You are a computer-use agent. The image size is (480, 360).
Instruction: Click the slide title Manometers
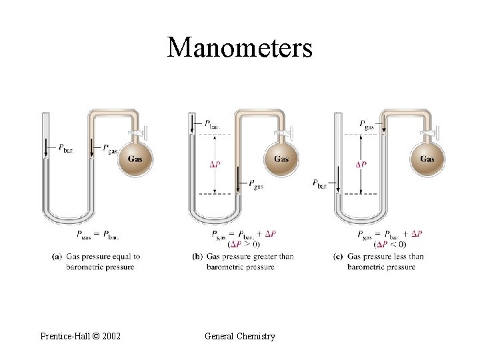coord(239,47)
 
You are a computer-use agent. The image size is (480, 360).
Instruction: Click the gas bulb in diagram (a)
coord(136,159)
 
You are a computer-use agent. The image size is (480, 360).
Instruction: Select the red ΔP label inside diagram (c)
coord(361,164)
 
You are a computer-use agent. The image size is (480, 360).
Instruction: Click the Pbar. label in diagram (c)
coord(320,183)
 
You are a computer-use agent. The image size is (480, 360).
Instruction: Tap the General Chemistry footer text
coord(239,336)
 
